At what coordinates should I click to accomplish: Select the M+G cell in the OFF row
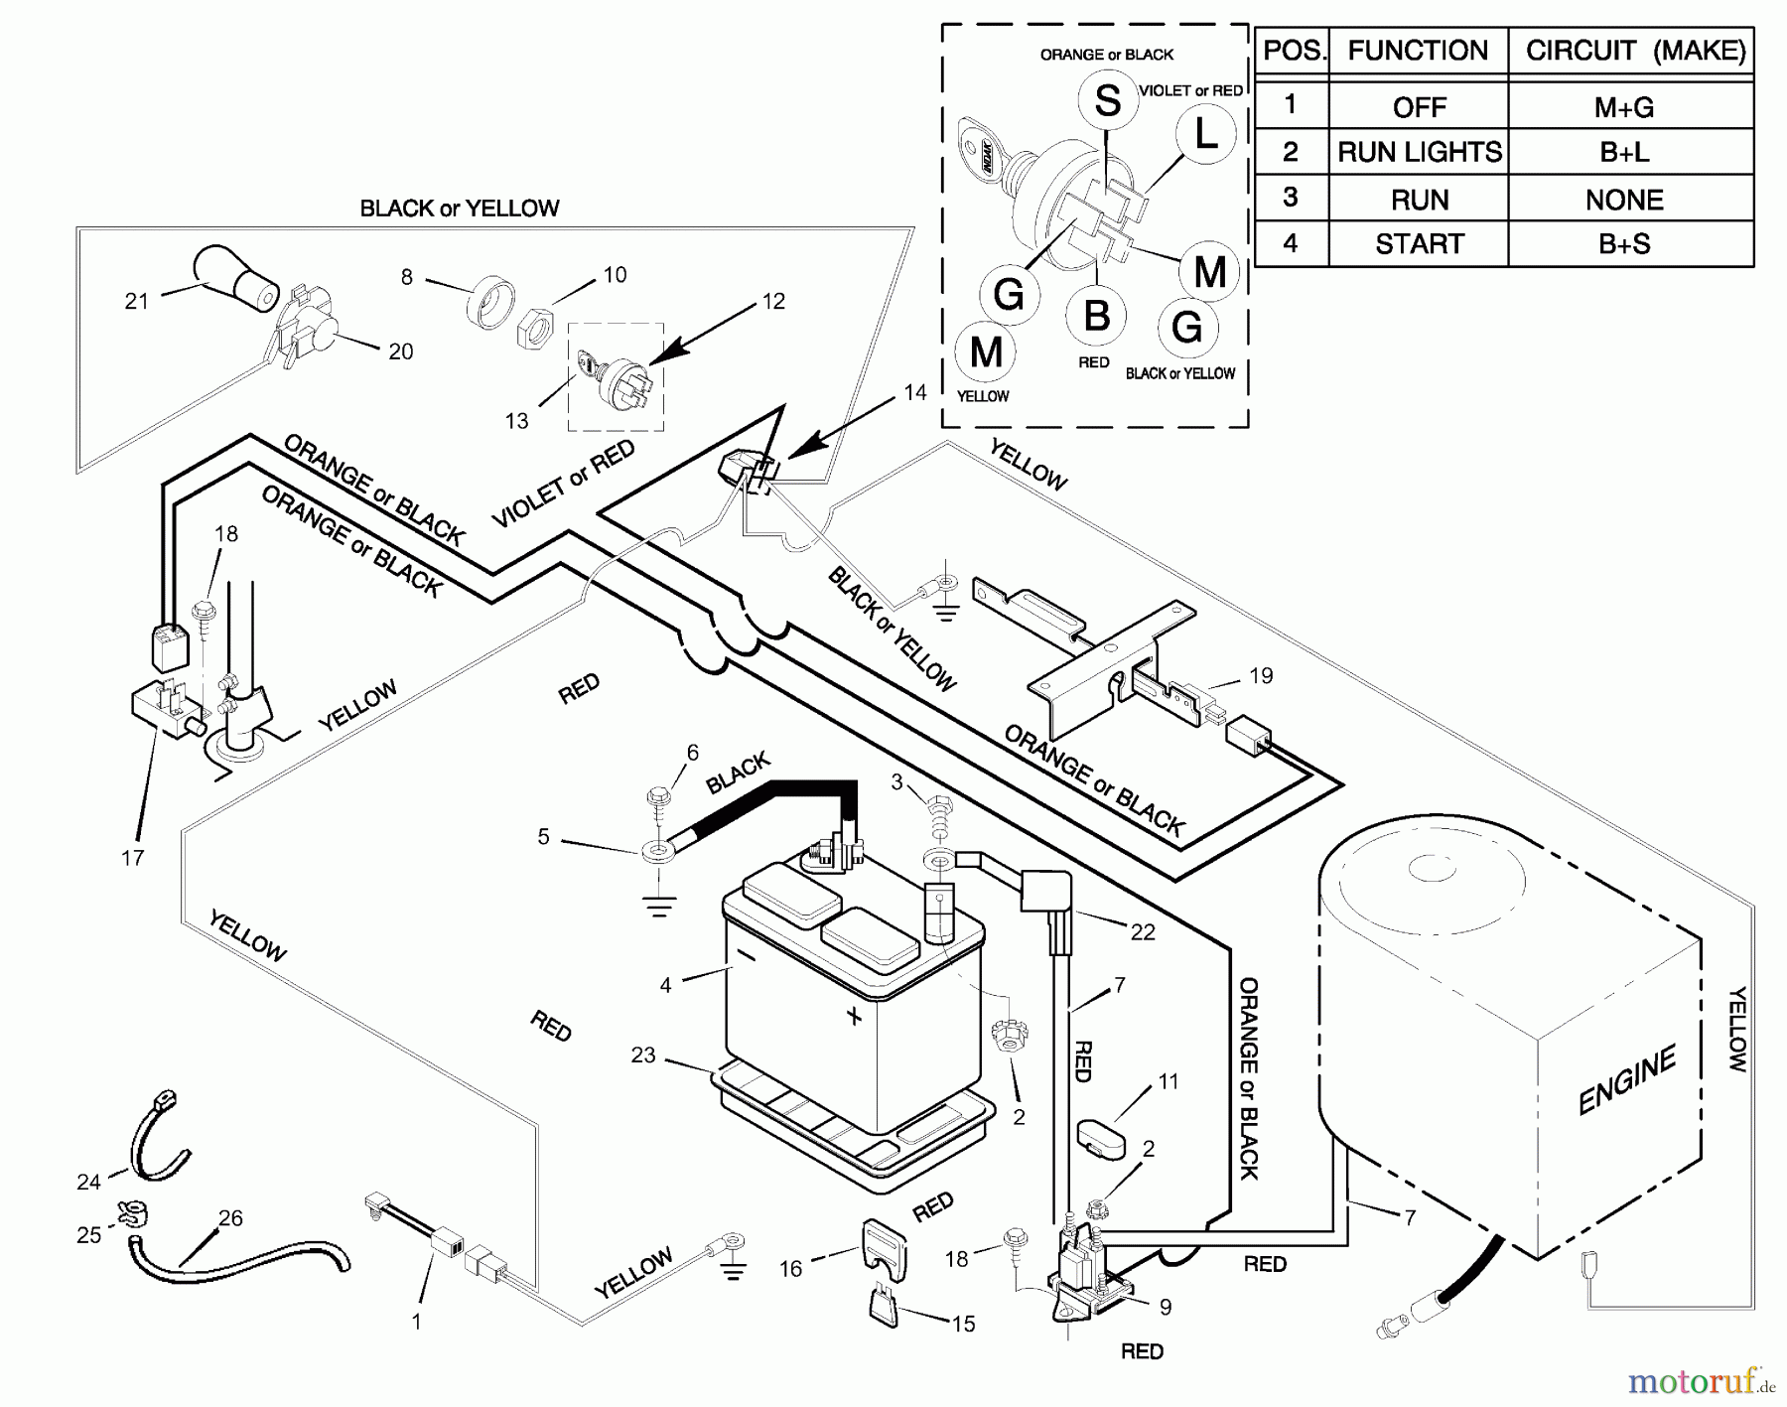tap(1623, 107)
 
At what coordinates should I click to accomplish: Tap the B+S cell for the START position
tap(1623, 244)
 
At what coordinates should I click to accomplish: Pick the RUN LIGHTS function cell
tap(1419, 152)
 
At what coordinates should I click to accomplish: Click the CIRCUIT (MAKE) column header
tap(1634, 51)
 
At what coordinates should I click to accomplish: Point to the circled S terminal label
tap(1108, 100)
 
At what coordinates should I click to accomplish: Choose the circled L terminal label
tap(1205, 134)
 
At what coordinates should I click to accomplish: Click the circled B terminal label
tap(1096, 316)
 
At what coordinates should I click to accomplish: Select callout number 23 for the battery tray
tap(643, 1055)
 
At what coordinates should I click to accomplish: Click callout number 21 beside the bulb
tap(137, 300)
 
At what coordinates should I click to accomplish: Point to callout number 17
tap(133, 857)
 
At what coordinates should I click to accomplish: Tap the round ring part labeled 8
tap(490, 301)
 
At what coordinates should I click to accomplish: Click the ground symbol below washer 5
tap(658, 906)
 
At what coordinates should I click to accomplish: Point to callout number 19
tap(1260, 676)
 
